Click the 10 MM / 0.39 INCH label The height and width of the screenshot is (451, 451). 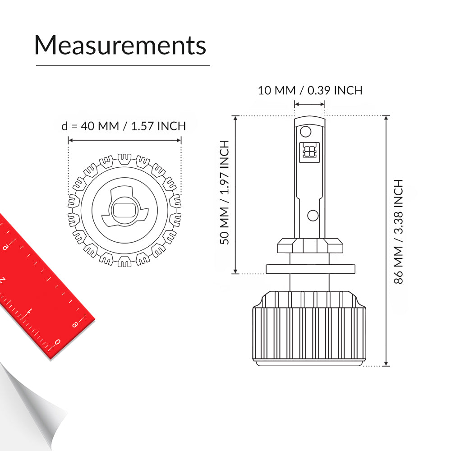[x=310, y=90]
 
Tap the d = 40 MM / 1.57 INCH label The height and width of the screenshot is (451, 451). [x=124, y=126]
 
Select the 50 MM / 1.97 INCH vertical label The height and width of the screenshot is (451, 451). [x=224, y=192]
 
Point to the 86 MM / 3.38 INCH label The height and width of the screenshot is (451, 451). [x=398, y=231]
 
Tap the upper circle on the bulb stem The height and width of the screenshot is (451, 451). [x=305, y=132]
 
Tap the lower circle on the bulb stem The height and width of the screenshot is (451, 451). [x=313, y=216]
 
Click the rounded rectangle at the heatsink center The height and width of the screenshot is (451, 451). [x=124, y=210]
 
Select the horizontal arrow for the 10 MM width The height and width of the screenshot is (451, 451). [x=310, y=104]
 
